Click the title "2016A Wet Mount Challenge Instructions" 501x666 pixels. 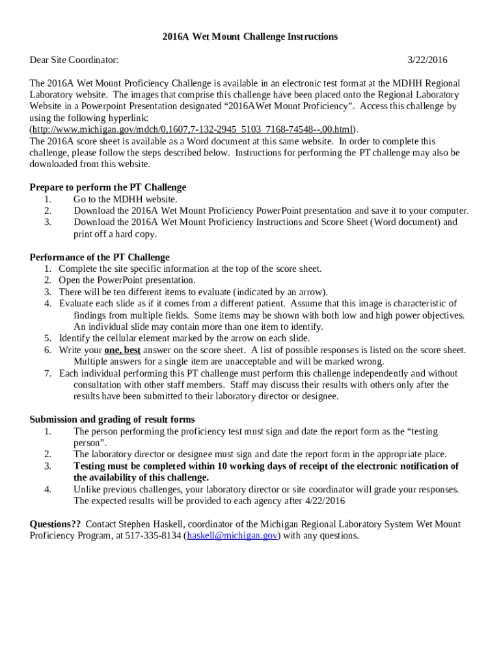pyautogui.click(x=250, y=36)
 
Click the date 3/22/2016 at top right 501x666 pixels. pyautogui.click(x=427, y=60)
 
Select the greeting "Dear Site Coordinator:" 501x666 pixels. pyautogui.click(x=74, y=60)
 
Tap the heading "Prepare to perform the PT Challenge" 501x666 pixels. pyautogui.click(x=108, y=187)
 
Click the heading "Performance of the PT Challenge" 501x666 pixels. pyautogui.click(x=100, y=257)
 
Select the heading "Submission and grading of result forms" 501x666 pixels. pyautogui.click(x=112, y=420)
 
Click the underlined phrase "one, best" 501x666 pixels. pyautogui.click(x=122, y=350)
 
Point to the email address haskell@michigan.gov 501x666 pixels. pyautogui.click(x=233, y=536)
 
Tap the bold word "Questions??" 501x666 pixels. pyautogui.click(x=55, y=524)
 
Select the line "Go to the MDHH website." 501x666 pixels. pyautogui.click(x=125, y=199)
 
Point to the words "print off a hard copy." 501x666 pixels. pyautogui.click(x=115, y=234)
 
